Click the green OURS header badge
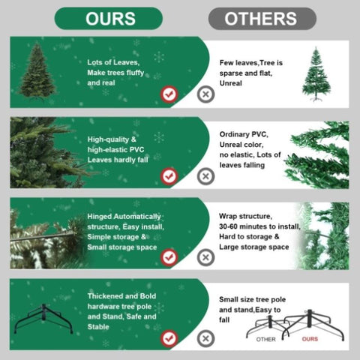[109, 19]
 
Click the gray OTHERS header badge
[262, 19]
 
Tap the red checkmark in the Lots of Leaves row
[169, 94]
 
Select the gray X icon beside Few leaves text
[205, 94]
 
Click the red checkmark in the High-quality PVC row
[169, 176]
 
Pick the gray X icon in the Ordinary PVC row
[205, 176]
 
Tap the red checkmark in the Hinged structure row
[169, 257]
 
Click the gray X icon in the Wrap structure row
[205, 257]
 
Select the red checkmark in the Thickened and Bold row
[169, 339]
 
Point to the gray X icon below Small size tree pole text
[205, 339]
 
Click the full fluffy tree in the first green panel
[37, 72]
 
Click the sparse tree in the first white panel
[316, 74]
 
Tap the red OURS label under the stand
[310, 339]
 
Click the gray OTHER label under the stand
[266, 339]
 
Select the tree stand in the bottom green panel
[43, 319]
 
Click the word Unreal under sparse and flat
[231, 83]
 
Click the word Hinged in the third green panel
[100, 217]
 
